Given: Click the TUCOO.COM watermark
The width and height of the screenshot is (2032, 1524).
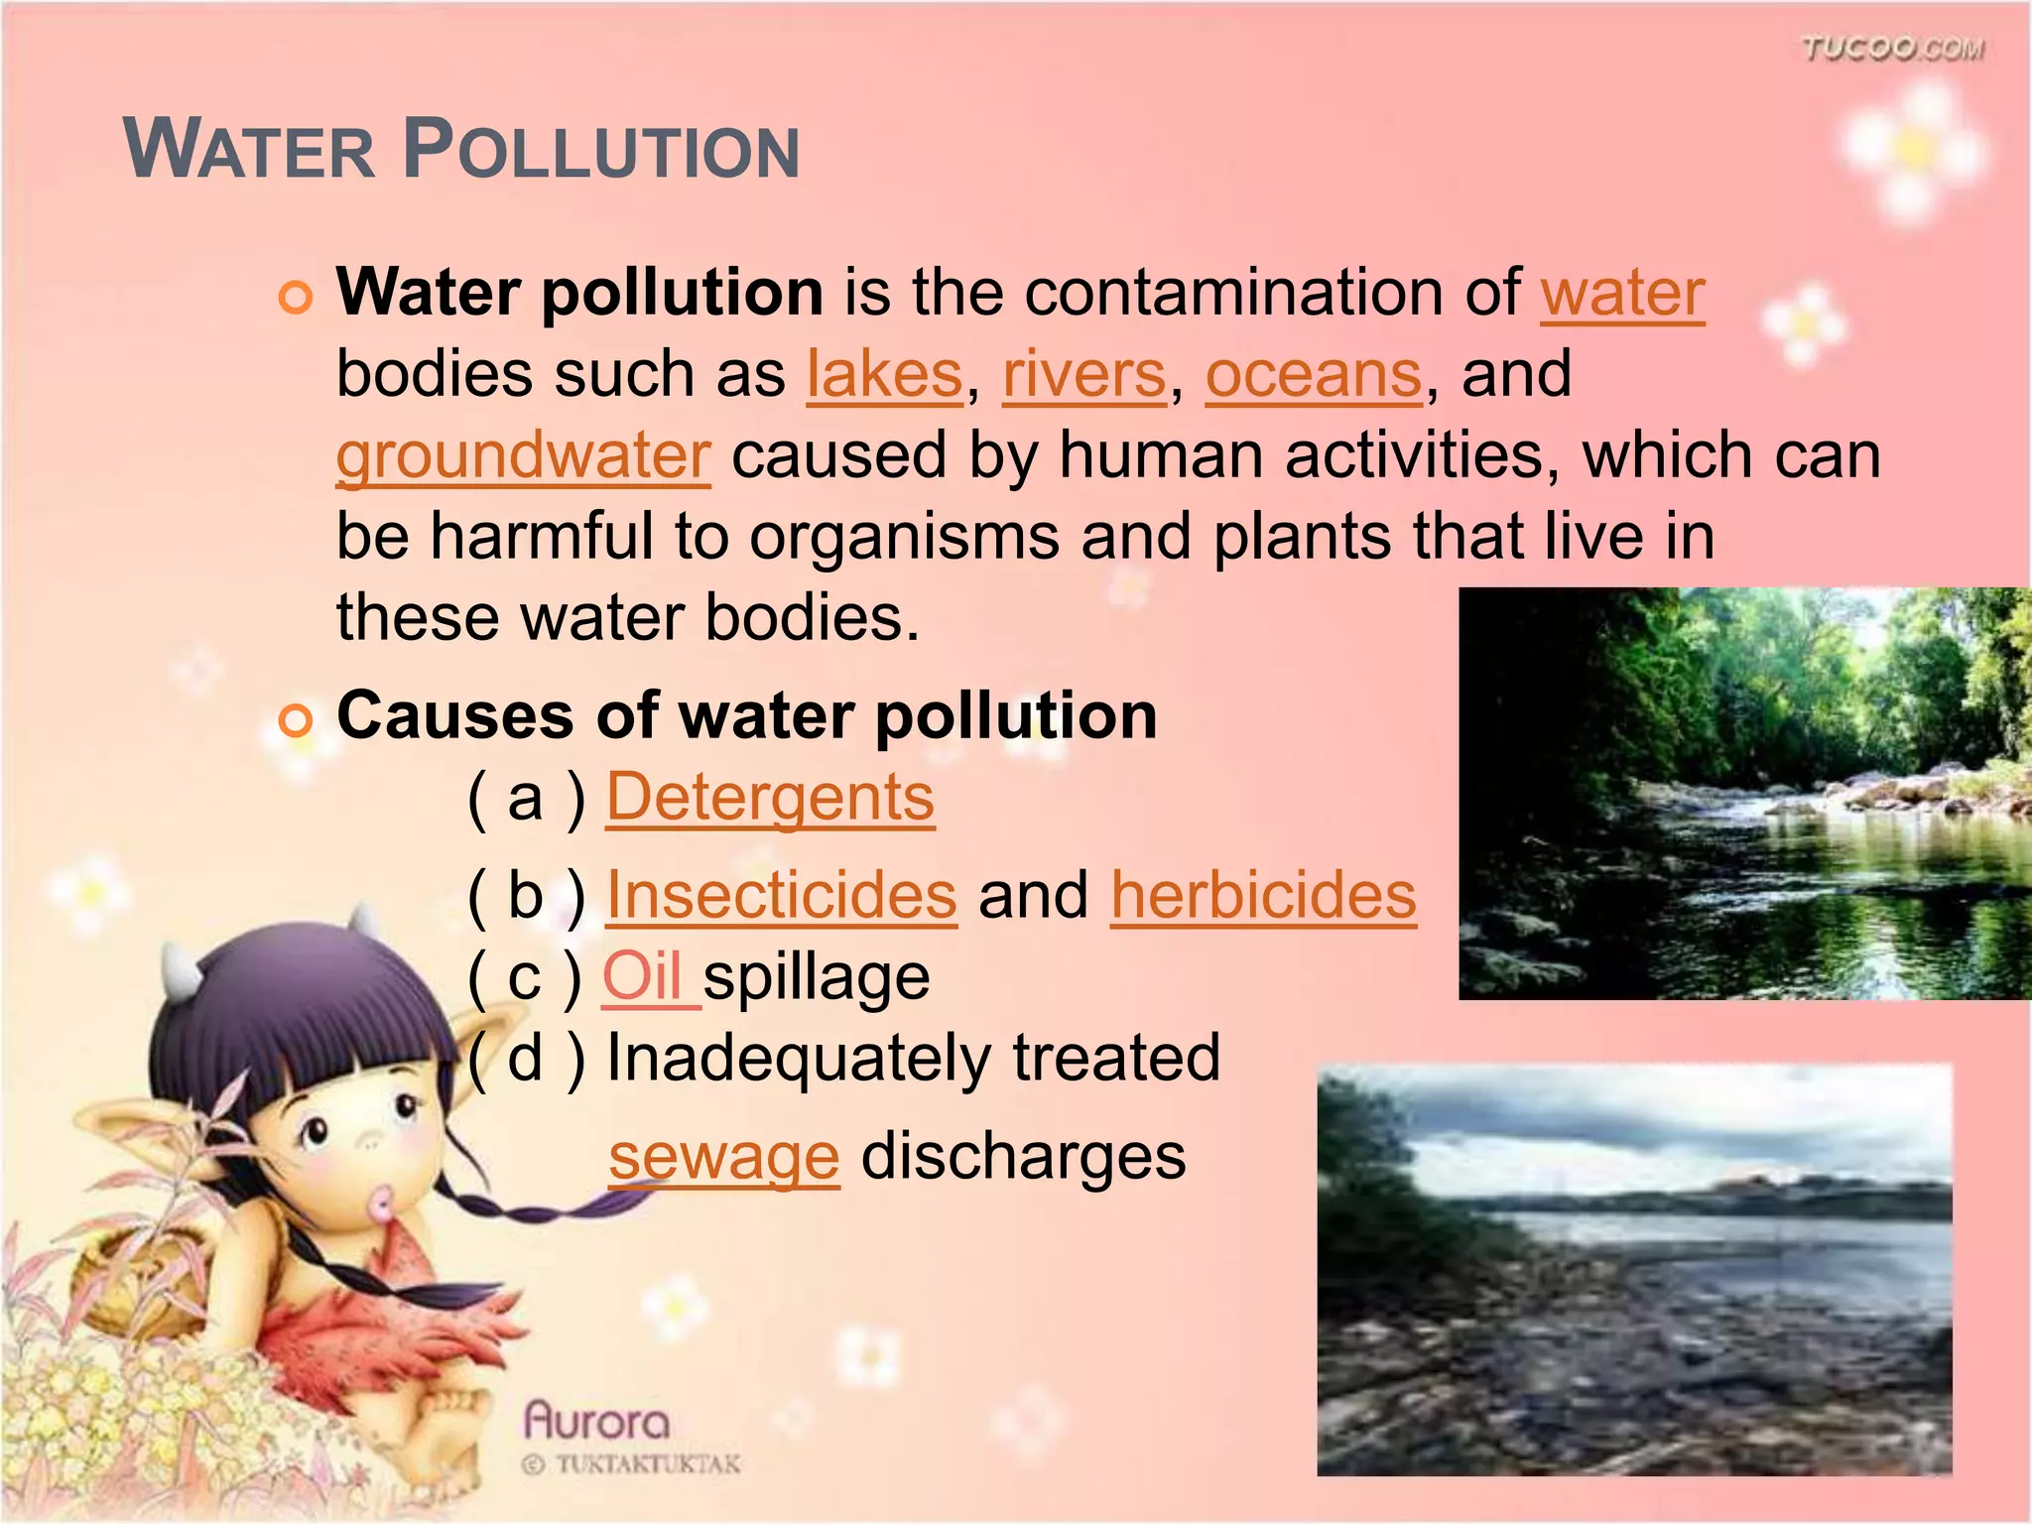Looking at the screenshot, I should pyautogui.click(x=1892, y=49).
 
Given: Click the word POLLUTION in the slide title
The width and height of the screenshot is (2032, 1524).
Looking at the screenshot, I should pyautogui.click(x=601, y=152).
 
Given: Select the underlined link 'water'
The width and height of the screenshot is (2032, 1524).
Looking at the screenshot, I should pyautogui.click(x=1622, y=294).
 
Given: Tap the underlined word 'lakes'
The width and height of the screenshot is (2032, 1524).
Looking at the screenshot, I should pyautogui.click(x=884, y=375).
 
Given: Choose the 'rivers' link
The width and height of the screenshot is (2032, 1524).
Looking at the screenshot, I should pyautogui.click(x=1083, y=375).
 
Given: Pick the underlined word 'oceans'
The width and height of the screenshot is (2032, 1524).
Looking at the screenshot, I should pyautogui.click(x=1314, y=375).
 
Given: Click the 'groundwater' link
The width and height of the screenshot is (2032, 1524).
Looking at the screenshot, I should pyautogui.click(x=523, y=456).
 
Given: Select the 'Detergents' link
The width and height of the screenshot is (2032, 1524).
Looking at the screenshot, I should pyautogui.click(x=770, y=798).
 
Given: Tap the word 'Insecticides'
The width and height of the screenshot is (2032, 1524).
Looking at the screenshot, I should pyautogui.click(x=781, y=896).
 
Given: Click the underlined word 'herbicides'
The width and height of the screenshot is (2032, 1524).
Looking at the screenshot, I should pyautogui.click(x=1263, y=896).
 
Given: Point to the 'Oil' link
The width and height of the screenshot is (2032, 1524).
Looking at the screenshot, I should pyautogui.click(x=643, y=977).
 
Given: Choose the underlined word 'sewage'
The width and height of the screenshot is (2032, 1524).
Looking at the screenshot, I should pyautogui.click(x=724, y=1157).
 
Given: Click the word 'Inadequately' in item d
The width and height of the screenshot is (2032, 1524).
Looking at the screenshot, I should pyautogui.click(x=799, y=1058).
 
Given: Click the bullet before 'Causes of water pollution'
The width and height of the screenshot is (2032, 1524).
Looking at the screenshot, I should pyautogui.click(x=296, y=720).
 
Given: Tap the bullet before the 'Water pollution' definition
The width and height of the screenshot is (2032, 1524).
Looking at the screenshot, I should pyautogui.click(x=296, y=298).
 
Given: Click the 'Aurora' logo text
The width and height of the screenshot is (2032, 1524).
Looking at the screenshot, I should pyautogui.click(x=596, y=1421).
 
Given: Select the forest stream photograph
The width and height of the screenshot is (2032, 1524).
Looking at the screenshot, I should pyautogui.click(x=1744, y=793).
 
